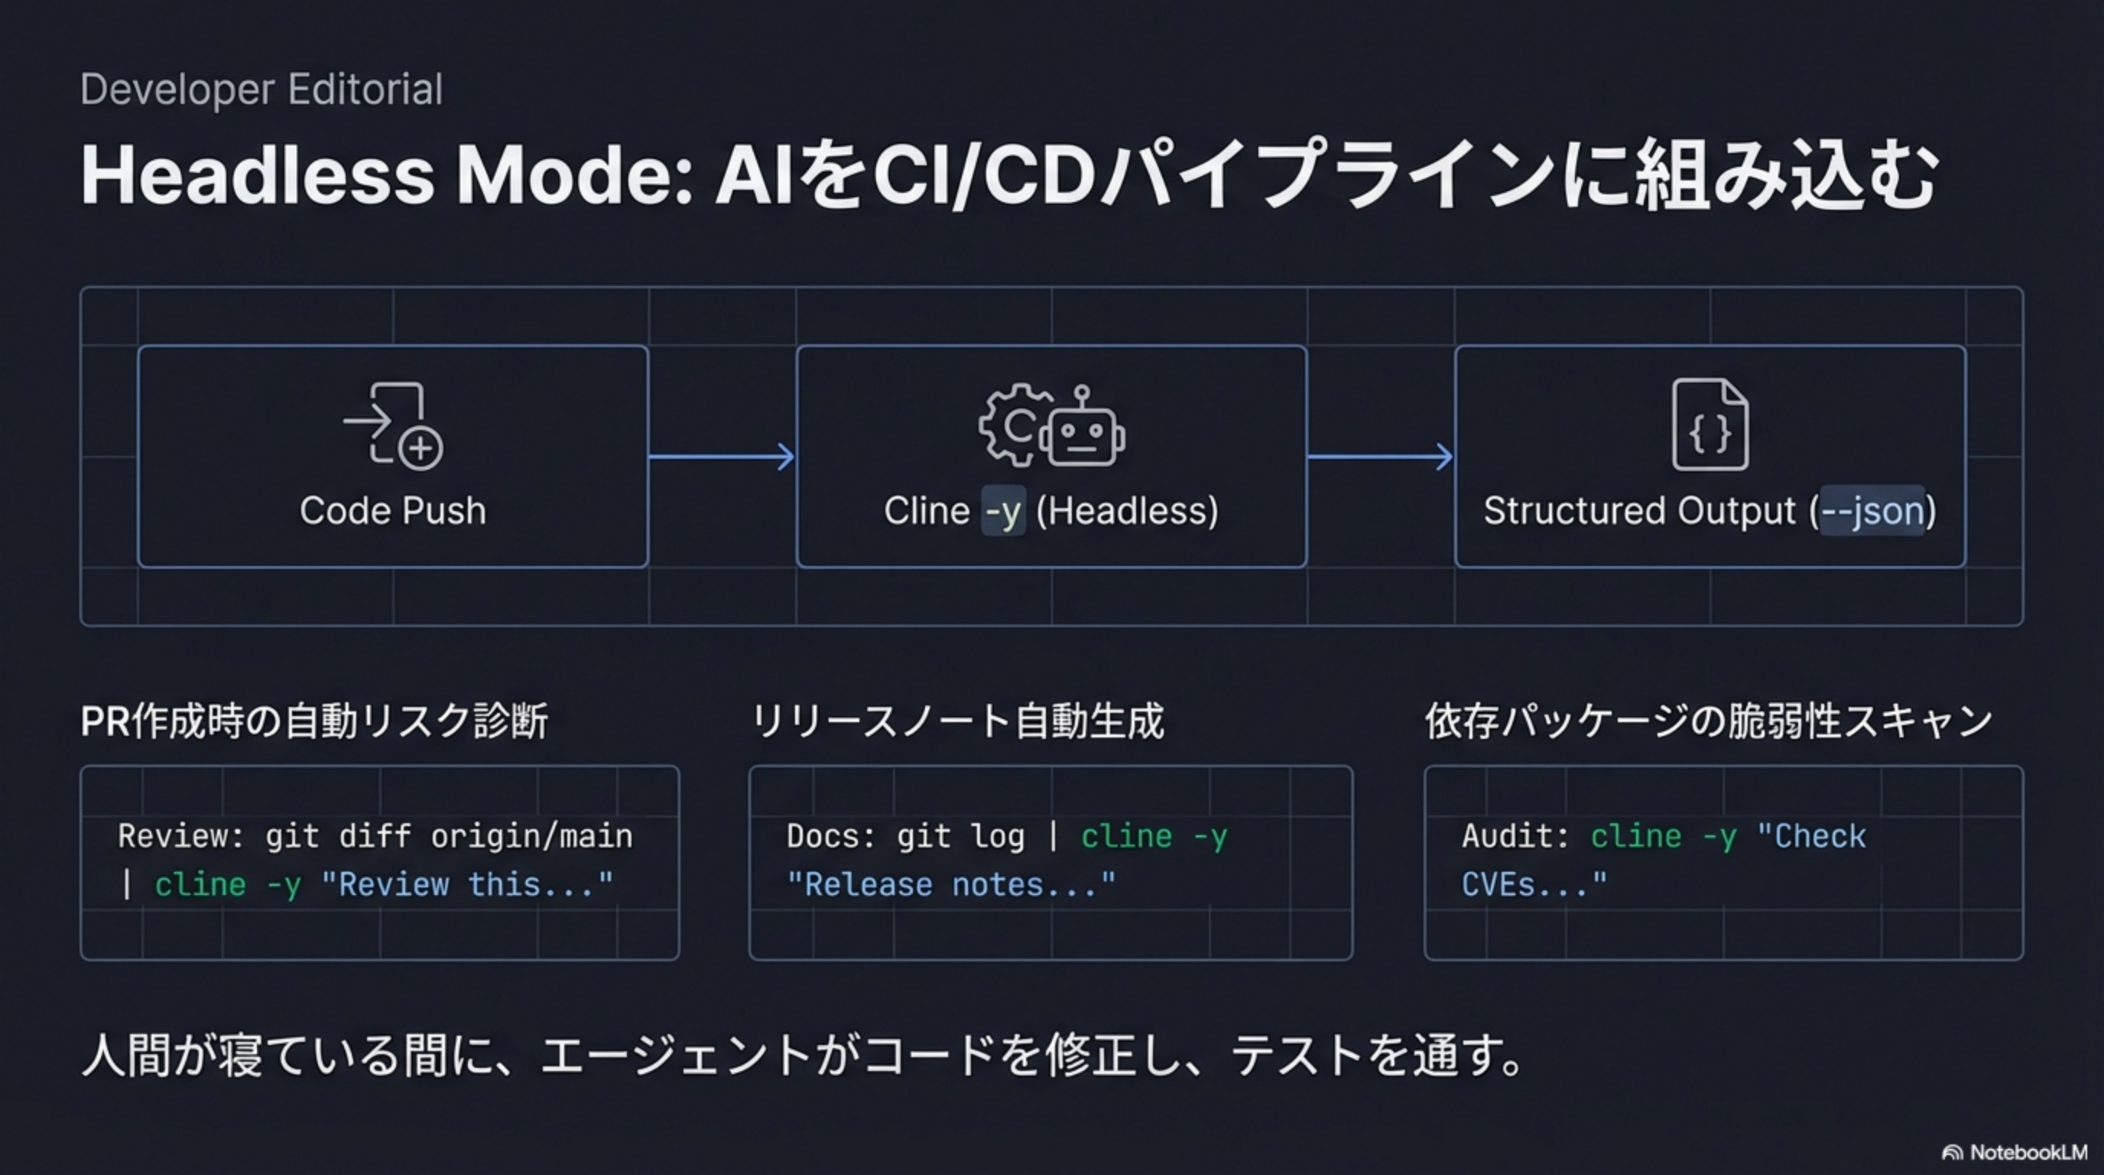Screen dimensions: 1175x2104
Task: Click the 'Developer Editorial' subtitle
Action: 261,89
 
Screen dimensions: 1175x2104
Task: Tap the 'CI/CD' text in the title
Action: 983,175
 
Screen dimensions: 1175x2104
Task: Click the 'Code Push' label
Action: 393,511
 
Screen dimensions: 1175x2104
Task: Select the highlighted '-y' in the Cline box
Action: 1002,512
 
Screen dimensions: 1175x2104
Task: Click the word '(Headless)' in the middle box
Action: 1127,511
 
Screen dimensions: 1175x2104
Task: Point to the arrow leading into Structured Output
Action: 1380,457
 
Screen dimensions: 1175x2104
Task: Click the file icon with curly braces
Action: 1710,425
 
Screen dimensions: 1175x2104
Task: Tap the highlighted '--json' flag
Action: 1872,512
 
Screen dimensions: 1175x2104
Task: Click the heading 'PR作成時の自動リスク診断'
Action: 314,721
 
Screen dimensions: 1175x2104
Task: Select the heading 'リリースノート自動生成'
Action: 957,721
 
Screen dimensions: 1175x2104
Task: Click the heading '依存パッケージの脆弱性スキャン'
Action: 1709,721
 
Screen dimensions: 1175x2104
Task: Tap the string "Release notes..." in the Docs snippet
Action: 951,885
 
